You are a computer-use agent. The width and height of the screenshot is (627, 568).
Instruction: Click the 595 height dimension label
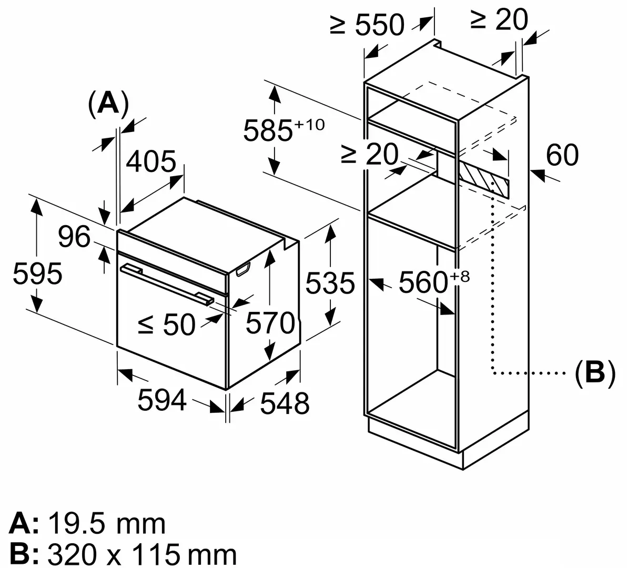click(37, 274)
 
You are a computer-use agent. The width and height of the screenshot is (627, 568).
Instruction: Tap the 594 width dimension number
click(162, 401)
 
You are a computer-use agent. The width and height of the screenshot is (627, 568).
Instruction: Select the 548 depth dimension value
click(285, 403)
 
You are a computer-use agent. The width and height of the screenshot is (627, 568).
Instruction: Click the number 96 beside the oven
click(74, 238)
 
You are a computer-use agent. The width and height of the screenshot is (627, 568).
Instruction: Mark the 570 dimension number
click(270, 323)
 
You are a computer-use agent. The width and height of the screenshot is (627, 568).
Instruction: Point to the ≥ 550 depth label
click(367, 24)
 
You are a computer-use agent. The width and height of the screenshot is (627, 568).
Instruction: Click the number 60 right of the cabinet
click(562, 155)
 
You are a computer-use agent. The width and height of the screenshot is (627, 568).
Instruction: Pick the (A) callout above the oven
click(108, 103)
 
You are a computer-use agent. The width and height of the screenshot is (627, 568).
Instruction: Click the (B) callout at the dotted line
click(594, 374)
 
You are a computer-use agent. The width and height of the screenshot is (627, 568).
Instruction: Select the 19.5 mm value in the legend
click(107, 524)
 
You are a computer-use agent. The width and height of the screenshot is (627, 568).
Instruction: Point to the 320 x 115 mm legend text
click(141, 554)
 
